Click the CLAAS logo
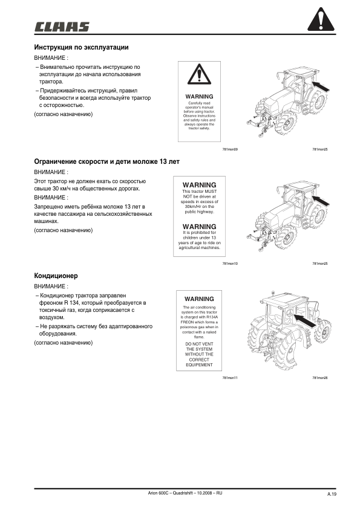coord(62,27)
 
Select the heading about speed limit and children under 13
coord(106,162)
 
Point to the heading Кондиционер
coord(55,276)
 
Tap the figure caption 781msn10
coord(231,264)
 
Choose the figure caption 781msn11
coord(231,378)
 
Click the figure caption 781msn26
coord(319,378)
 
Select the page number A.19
coord(332,494)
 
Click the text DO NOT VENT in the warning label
coord(199,343)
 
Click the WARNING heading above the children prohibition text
coord(199,226)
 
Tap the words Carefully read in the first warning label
coord(199,103)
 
